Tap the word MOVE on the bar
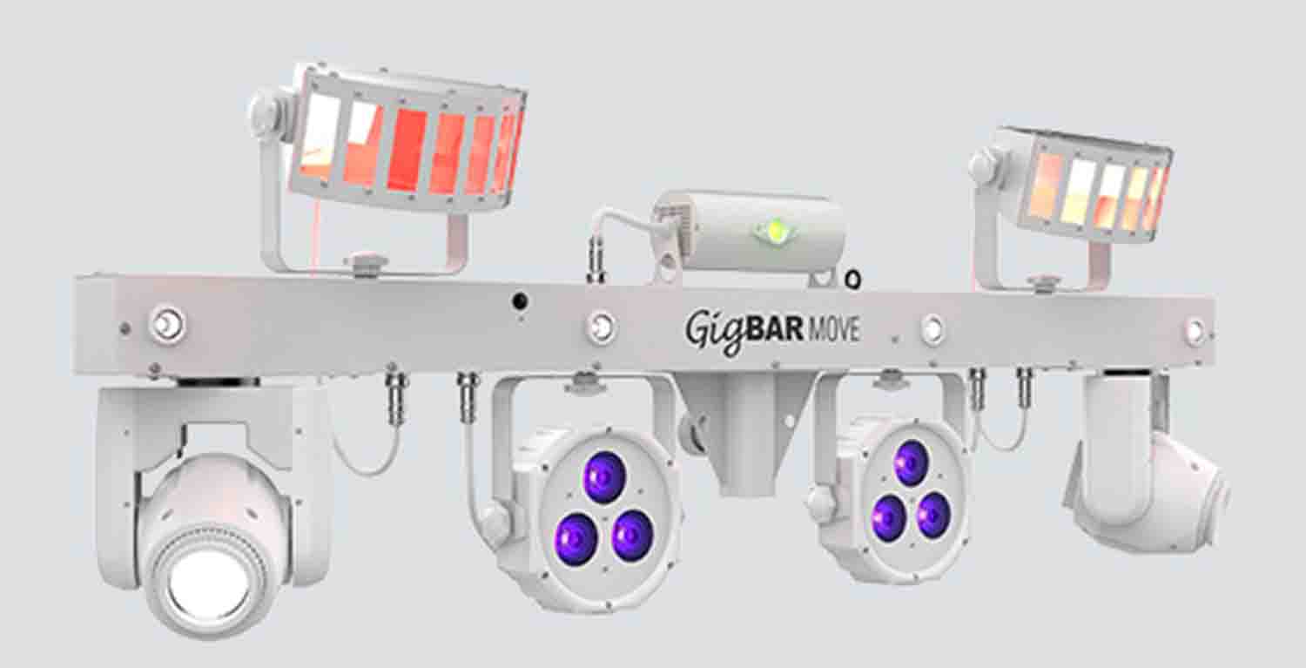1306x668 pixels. click(835, 331)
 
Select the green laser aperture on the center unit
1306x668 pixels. click(773, 230)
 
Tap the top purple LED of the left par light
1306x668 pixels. click(603, 477)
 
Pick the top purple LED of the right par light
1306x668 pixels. click(911, 462)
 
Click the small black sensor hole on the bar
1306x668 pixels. click(520, 301)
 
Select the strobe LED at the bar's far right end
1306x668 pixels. click(1195, 330)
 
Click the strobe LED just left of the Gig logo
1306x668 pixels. click(600, 327)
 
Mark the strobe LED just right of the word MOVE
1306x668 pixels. click(932, 329)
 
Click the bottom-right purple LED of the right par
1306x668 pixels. click(933, 516)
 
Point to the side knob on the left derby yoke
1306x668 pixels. click(263, 112)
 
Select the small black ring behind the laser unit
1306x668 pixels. click(853, 280)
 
